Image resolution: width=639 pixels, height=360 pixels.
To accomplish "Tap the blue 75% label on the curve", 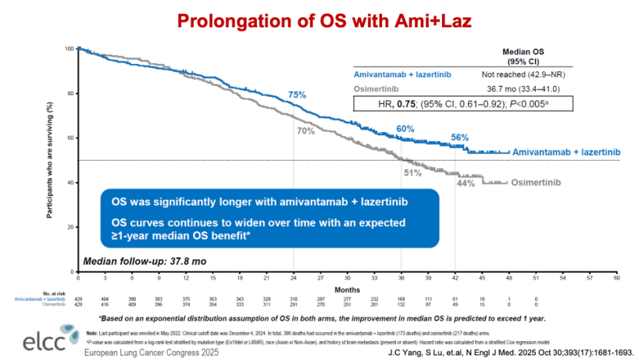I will point(297,95).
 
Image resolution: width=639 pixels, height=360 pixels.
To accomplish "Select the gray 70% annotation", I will point(305,130).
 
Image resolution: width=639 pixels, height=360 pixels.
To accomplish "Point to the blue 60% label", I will point(405,129).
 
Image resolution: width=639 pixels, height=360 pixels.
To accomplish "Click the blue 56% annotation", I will point(459,137).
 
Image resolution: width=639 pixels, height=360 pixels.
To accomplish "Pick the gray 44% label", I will point(466,183).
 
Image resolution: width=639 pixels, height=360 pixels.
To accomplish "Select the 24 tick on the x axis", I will point(294,277).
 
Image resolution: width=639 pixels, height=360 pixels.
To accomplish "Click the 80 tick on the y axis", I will point(71,94).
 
